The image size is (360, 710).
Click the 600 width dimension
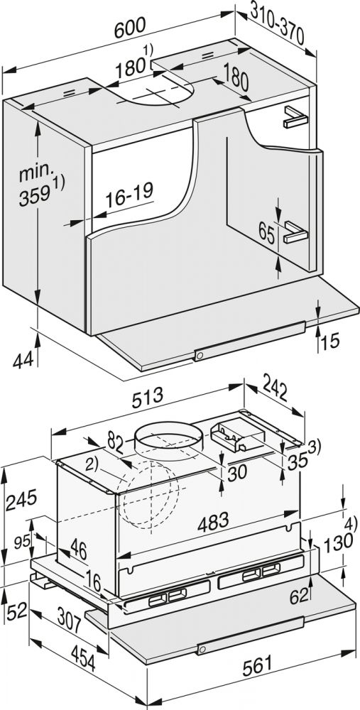point(130,28)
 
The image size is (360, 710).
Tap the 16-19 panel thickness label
point(129,197)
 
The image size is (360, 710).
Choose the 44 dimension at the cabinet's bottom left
point(23,361)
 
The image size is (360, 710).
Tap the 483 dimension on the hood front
point(213,523)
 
